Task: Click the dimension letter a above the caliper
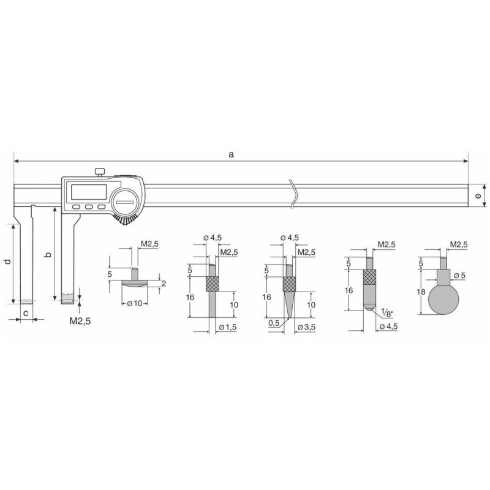pos(231,154)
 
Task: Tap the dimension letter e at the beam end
pos(478,196)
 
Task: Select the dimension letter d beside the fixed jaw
pos(8,262)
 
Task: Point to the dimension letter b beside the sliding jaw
pos(48,255)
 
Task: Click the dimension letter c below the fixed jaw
pos(26,313)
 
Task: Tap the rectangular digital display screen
pos(89,192)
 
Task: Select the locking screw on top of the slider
pos(99,172)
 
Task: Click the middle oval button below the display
pos(89,206)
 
